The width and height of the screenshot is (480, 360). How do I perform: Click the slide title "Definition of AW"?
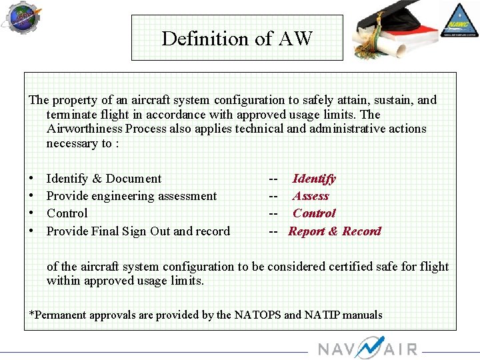point(237,39)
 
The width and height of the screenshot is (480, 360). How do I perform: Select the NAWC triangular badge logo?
point(459,19)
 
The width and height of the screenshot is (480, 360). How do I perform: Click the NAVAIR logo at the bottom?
point(367,348)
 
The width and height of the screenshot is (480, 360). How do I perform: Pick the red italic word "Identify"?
point(314,179)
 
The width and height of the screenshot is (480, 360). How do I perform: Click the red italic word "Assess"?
point(311,196)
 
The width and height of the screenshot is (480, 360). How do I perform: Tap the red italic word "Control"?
point(314,213)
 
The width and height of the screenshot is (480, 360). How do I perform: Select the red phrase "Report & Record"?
point(335,231)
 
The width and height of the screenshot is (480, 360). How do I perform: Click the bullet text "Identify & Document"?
point(104,179)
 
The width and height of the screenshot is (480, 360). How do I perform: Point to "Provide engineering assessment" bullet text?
point(131,196)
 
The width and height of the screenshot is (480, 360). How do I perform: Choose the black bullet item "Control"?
point(67,213)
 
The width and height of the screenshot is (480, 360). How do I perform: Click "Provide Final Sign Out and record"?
point(138,231)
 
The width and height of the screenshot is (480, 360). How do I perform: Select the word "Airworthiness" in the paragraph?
point(85,129)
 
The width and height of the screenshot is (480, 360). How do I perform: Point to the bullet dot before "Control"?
point(32,213)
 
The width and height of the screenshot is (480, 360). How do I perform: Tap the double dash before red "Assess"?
point(273,196)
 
